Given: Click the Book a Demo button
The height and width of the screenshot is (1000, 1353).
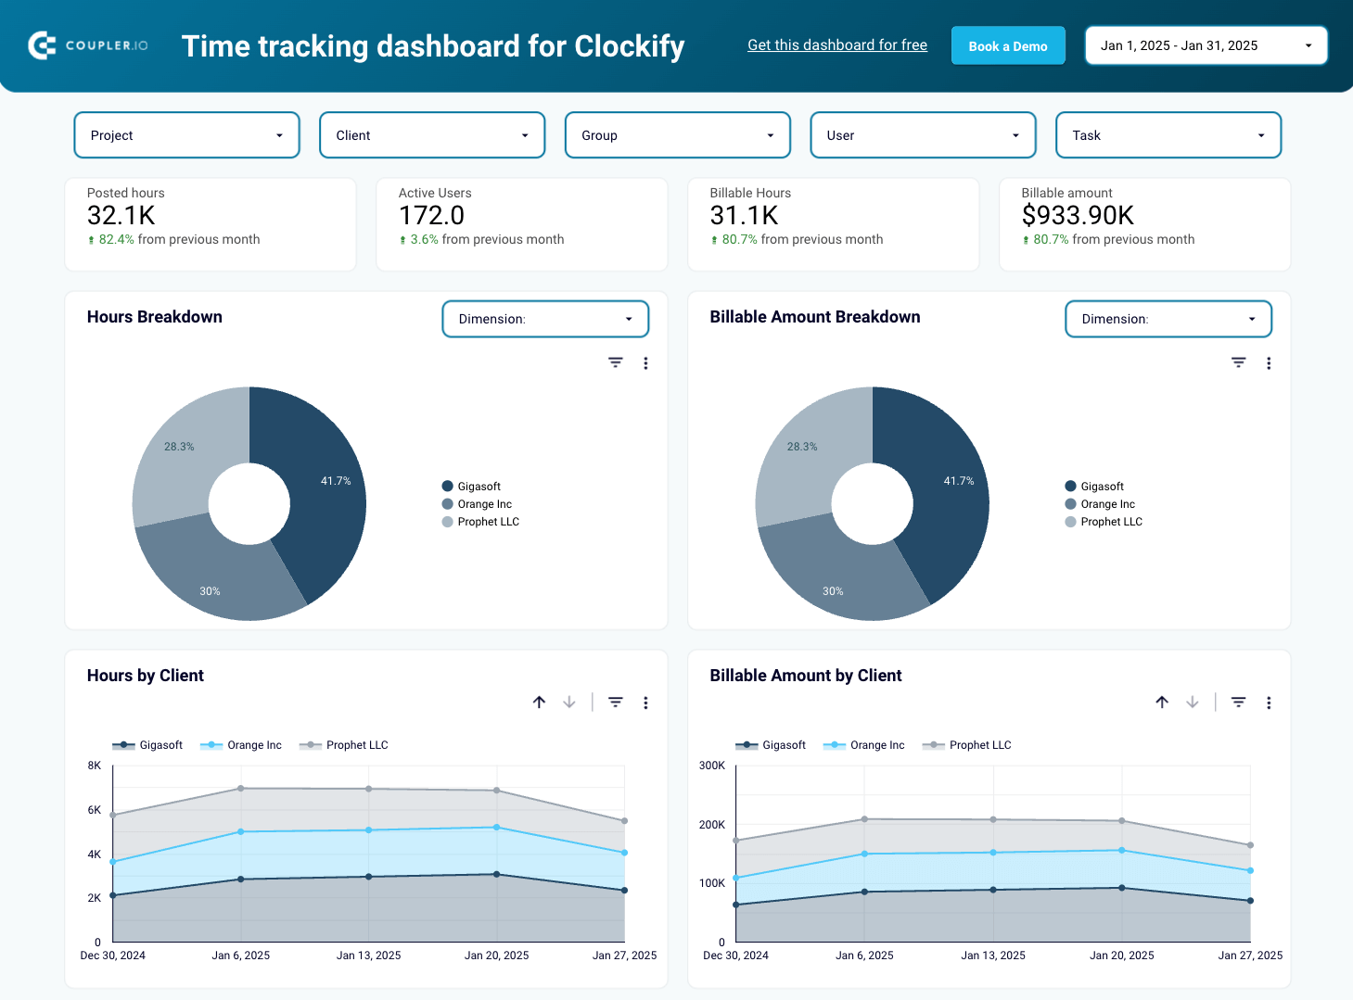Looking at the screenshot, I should (1007, 45).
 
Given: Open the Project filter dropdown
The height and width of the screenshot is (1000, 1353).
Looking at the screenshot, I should (186, 135).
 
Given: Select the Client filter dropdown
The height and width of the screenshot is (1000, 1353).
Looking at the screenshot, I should (431, 135).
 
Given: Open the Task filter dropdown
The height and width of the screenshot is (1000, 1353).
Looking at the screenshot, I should (1168, 135).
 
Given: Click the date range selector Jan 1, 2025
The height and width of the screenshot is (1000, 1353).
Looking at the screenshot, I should (1206, 45).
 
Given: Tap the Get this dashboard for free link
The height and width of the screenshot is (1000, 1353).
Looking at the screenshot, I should (836, 45).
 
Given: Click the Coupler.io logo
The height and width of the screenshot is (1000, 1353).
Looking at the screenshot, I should (88, 45).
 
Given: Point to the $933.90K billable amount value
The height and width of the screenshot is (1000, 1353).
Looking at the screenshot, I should (1077, 216).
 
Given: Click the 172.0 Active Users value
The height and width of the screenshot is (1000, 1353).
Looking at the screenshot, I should (431, 216).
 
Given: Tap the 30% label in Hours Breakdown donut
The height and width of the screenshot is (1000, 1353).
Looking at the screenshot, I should (211, 591).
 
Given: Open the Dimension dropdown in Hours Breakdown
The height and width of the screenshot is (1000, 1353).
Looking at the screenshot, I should (544, 319).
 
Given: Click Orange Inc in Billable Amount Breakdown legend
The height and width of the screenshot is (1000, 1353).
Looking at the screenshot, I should (1106, 504).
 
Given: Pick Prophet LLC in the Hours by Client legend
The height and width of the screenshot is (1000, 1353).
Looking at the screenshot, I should (356, 745).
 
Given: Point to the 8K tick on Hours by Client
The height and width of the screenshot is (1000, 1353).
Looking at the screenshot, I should (95, 766).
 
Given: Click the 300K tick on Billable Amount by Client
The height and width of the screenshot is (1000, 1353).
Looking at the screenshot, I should (711, 766).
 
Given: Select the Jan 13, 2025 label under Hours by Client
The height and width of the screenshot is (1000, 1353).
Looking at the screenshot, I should (368, 956).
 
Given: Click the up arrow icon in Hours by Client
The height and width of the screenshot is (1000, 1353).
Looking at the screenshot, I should (539, 703).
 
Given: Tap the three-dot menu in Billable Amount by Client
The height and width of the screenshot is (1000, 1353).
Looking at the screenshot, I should (1268, 703).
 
